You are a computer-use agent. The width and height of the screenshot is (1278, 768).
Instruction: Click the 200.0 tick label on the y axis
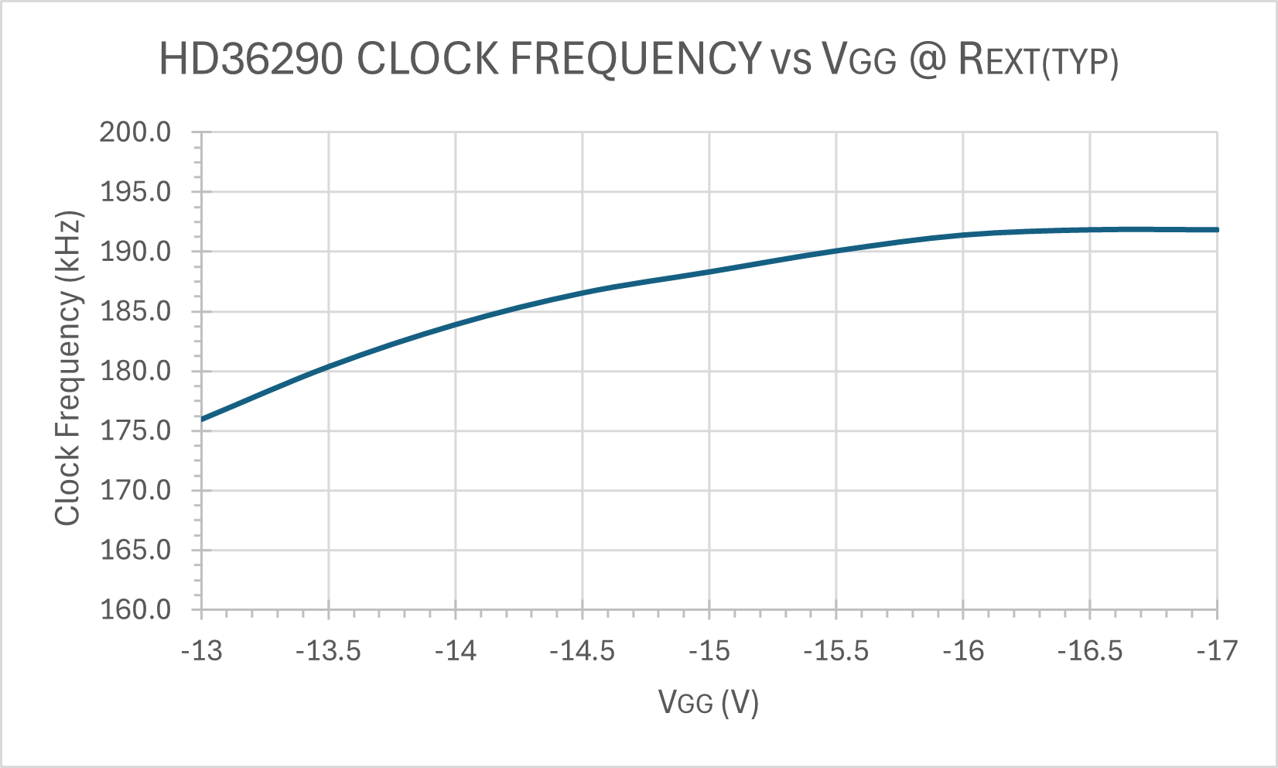(135, 132)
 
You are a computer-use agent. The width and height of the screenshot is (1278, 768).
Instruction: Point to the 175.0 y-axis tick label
(135, 430)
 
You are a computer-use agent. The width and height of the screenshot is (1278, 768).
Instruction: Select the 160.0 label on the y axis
(135, 609)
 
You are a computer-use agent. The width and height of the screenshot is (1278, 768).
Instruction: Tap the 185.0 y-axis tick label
(135, 311)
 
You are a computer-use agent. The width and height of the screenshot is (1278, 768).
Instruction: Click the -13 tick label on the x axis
(201, 651)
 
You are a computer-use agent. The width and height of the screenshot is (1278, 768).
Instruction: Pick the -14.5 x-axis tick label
(582, 651)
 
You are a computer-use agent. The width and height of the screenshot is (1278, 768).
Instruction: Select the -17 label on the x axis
(1217, 651)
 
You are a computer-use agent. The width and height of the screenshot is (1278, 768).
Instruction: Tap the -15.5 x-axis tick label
(835, 651)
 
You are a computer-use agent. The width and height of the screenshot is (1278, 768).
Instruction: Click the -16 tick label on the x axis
(963, 651)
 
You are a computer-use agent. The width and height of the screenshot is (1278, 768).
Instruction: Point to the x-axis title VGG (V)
(708, 702)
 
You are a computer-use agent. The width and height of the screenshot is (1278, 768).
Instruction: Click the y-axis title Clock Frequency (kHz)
(68, 369)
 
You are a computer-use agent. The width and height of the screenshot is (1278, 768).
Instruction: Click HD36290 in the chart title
(251, 59)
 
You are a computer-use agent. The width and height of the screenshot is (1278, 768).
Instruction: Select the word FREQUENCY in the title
(636, 59)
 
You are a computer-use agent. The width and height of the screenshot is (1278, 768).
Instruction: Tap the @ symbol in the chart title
(927, 59)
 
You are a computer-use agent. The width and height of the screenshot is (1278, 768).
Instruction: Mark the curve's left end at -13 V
(202, 419)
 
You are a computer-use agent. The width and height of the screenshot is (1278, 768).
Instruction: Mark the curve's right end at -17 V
(1217, 230)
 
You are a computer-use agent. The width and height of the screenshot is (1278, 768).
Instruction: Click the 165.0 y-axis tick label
(135, 550)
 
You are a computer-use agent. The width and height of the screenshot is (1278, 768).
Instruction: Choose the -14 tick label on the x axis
(455, 651)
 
